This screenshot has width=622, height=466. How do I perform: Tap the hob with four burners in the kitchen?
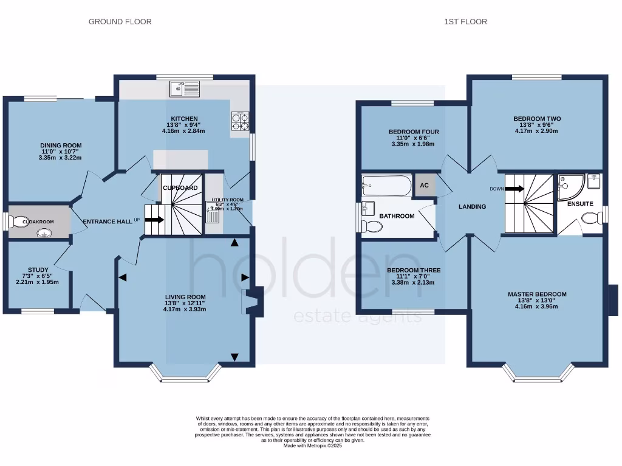tap(240, 121)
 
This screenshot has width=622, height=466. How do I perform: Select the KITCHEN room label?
tap(183, 119)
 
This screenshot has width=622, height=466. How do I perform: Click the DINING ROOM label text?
tap(61, 145)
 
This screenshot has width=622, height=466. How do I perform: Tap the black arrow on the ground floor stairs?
tap(154, 220)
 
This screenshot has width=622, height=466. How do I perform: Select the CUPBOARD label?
tap(180, 188)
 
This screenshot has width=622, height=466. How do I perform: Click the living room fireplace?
tap(250, 302)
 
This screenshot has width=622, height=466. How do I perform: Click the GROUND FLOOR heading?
tap(120, 22)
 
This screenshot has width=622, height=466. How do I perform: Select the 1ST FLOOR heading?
tap(465, 22)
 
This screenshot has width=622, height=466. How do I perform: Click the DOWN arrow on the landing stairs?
tap(514, 189)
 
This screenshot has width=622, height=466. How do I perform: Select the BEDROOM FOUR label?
tap(414, 132)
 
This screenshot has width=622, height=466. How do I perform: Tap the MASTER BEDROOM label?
tap(536, 294)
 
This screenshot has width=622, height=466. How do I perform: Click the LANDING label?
tap(472, 207)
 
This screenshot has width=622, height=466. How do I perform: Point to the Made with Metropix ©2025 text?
tap(313, 446)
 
